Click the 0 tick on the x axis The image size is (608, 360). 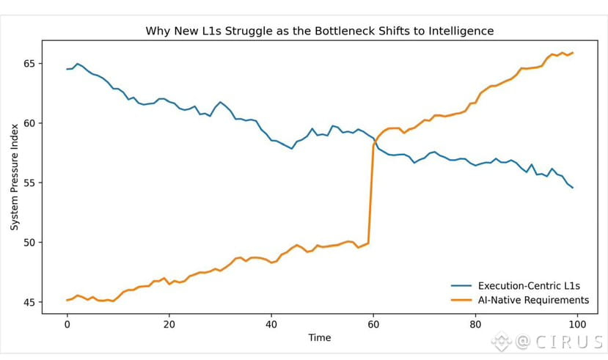pyautogui.click(x=67, y=325)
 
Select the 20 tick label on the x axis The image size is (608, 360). pyautogui.click(x=169, y=325)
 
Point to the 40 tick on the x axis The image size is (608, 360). pyautogui.click(x=271, y=325)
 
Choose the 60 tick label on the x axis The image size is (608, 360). pyautogui.click(x=373, y=325)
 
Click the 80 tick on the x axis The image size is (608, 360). pyautogui.click(x=475, y=325)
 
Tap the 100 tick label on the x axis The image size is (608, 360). pyautogui.click(x=577, y=325)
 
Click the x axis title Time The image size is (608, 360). pyautogui.click(x=319, y=338)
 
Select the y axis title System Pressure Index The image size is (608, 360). pyautogui.click(x=14, y=183)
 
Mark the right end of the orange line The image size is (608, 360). pyautogui.click(x=573, y=53)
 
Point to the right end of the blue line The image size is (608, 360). pyautogui.click(x=573, y=188)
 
